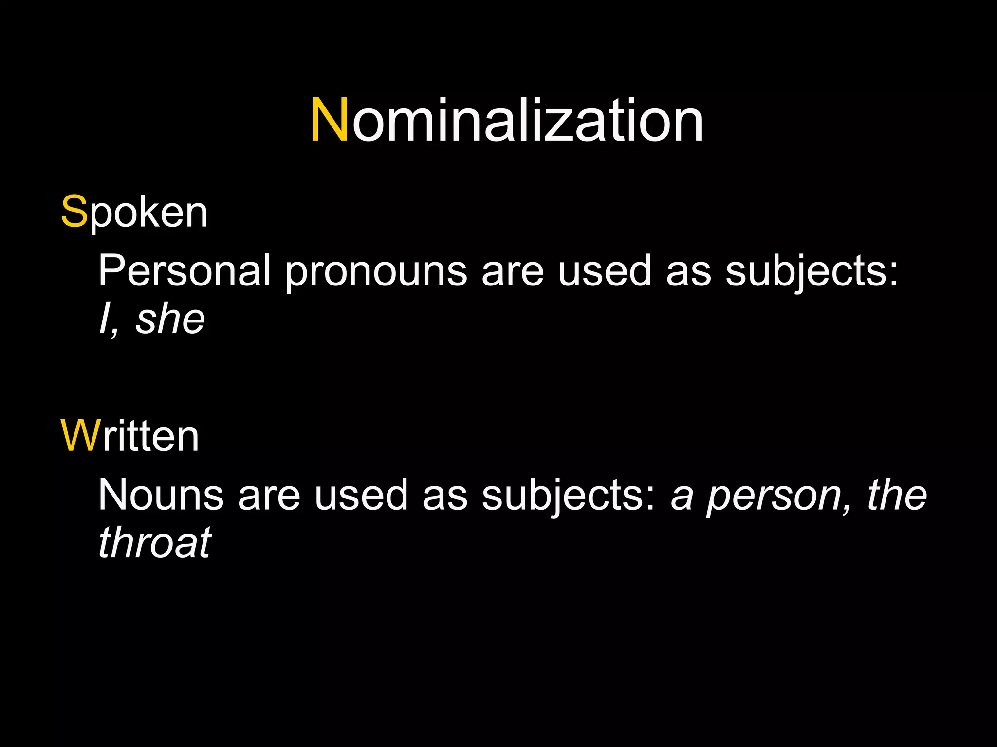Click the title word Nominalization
click(506, 120)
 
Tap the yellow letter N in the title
click(330, 120)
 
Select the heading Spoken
click(134, 213)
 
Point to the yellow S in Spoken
click(74, 213)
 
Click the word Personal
click(185, 271)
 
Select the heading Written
click(129, 436)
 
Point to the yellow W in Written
click(80, 436)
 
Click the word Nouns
click(161, 495)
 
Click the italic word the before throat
click(897, 495)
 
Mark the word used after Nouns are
click(361, 495)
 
